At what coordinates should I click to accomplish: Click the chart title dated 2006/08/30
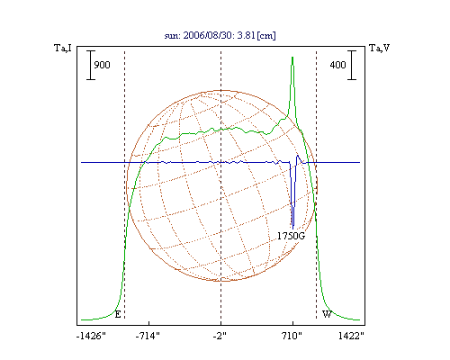point(220,35)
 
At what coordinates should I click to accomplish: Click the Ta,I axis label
point(63,48)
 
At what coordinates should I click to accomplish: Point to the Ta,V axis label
point(380,48)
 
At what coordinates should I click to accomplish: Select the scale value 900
point(102,65)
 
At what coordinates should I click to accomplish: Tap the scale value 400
point(337,65)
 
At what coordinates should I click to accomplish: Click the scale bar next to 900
point(91,65)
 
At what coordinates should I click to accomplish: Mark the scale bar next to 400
point(352,65)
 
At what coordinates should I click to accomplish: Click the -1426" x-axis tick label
point(91,336)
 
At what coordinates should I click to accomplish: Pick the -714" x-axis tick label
point(148,336)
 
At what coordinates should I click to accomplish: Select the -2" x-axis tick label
point(220,336)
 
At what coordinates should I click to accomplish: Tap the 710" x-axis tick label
point(292,336)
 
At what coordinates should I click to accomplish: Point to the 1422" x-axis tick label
point(351,336)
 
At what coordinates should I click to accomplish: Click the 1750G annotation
point(291,236)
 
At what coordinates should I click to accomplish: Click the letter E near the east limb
point(118,314)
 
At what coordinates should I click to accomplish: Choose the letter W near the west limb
point(327,314)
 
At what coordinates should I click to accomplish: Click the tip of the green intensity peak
point(292,57)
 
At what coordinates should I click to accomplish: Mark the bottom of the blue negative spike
point(292,229)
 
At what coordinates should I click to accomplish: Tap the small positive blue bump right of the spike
point(297,156)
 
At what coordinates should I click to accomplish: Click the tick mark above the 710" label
point(293,323)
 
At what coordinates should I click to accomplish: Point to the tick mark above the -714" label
point(149,323)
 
